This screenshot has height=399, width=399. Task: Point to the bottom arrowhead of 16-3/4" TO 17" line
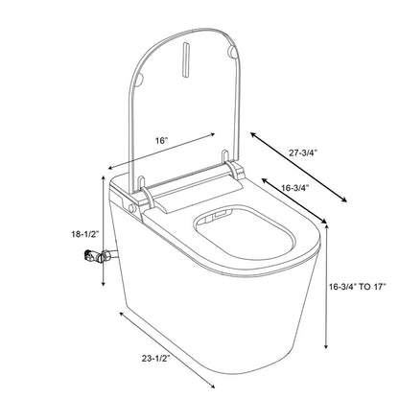click(x=328, y=349)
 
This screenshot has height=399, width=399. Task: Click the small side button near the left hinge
click(x=128, y=204)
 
